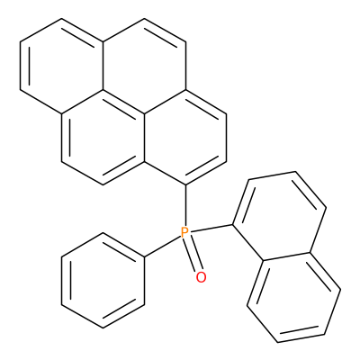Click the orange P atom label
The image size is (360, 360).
(185, 232)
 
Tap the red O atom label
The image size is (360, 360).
(202, 277)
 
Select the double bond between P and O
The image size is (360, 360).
(193, 254)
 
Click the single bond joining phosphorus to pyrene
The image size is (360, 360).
(185, 205)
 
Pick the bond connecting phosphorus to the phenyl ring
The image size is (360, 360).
(163, 247)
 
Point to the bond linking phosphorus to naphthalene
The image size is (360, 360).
(211, 229)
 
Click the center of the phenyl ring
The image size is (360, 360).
(103, 281)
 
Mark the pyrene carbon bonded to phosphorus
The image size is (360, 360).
(185, 184)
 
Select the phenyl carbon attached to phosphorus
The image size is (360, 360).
(144, 257)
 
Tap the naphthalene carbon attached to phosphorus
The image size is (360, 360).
(233, 224)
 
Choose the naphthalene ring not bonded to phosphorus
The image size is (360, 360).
(294, 298)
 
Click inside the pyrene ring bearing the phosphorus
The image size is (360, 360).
(185, 137)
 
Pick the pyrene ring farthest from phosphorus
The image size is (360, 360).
(62, 66)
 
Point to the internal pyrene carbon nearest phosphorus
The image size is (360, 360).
(144, 162)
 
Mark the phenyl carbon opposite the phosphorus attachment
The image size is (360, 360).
(61, 304)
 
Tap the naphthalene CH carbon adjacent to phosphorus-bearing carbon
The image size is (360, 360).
(250, 180)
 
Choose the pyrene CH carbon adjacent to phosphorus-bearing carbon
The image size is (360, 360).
(227, 162)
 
